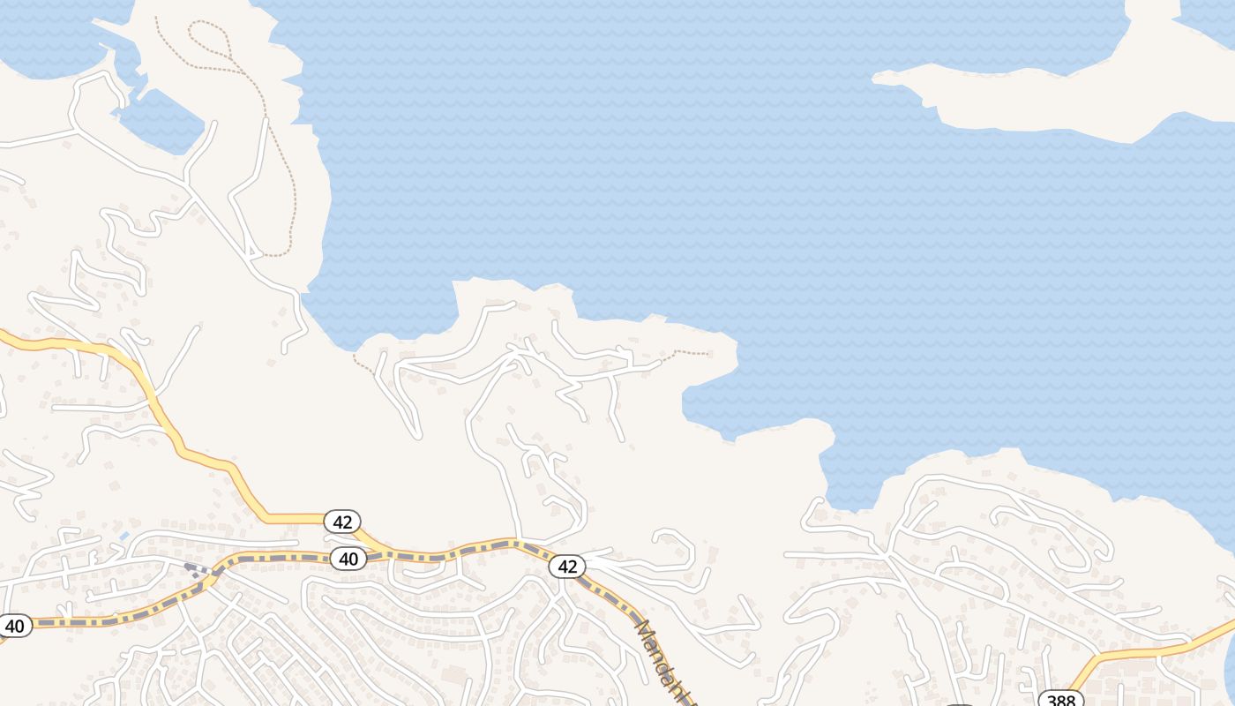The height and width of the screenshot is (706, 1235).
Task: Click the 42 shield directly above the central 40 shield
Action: coord(342,522)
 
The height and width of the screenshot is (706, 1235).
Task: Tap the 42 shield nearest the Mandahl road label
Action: coord(567,567)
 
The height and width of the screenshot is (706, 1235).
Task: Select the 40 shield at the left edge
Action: coord(14,626)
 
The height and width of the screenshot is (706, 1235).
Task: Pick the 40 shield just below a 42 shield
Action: coord(348,558)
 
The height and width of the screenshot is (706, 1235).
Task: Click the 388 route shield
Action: coord(1060,700)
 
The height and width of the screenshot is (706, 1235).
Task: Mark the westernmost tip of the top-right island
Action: coord(875,79)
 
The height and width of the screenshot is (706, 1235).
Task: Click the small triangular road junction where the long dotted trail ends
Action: coord(256,254)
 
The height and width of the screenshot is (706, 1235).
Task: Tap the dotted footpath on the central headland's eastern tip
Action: coord(692,353)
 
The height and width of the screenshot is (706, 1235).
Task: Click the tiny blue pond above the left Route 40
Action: coord(124,536)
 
